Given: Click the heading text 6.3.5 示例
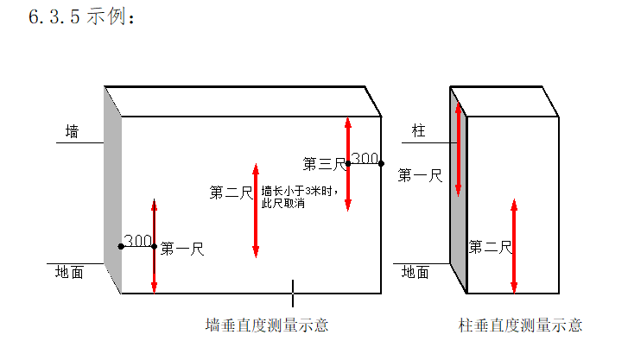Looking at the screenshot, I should (82, 17).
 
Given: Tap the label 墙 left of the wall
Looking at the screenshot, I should (73, 132).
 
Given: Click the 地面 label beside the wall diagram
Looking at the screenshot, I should (69, 272).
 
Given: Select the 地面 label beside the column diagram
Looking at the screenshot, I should (415, 272).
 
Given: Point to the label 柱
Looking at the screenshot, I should (419, 131).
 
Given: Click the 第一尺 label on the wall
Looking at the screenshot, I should (181, 249).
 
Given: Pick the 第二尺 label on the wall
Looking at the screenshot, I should (230, 193).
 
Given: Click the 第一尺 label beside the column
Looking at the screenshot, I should (419, 176).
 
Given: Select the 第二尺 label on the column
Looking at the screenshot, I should (490, 248).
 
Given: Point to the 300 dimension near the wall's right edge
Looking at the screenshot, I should (365, 158).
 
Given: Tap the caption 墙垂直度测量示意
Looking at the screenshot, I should (266, 325).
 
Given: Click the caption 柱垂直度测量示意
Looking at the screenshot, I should (520, 325).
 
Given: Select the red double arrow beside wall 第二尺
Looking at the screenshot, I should (256, 209).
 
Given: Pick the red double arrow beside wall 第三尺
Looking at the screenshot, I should (347, 164).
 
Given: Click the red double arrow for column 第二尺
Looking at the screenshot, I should (514, 246).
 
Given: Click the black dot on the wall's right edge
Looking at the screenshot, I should (381, 162).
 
